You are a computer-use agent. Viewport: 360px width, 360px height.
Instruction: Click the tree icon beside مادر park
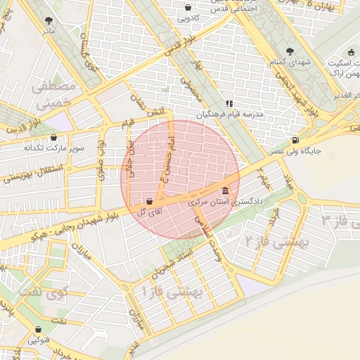48,21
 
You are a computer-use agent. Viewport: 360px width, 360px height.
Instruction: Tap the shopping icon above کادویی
188,7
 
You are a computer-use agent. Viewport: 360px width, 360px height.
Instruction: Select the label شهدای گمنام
290,63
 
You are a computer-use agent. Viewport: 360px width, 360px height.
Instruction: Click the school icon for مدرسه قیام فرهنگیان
229,103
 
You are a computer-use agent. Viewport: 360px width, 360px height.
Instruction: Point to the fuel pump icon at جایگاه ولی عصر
294,139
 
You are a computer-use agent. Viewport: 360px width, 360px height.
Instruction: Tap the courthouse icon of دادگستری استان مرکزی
225,191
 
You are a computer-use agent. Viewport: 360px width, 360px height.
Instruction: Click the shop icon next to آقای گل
149,202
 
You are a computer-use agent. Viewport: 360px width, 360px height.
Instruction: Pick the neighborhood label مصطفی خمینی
53,95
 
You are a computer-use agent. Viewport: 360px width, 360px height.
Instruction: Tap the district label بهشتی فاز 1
172,289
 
